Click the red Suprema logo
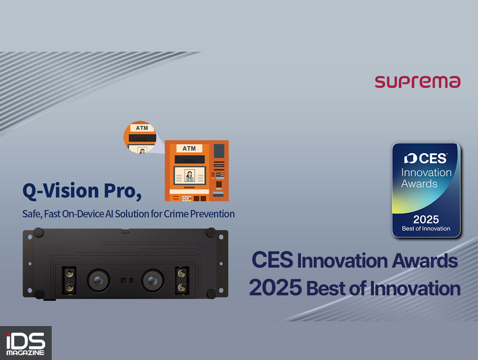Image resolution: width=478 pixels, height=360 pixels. click(417, 82)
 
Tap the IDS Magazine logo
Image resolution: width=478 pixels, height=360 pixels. click(26, 343)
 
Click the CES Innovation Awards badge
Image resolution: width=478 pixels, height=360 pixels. click(426, 190)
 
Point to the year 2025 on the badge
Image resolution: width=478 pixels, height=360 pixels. click(426, 220)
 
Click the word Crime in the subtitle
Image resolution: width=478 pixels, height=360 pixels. click(176, 214)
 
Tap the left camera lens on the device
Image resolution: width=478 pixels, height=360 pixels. click(98, 280)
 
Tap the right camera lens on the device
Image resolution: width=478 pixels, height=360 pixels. click(153, 280)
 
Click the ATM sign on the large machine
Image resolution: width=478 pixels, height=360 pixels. click(189, 148)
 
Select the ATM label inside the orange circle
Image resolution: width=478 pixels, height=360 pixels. click(142, 128)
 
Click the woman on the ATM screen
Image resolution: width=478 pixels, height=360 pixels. click(189, 176)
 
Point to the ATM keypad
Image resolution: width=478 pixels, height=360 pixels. click(186, 198)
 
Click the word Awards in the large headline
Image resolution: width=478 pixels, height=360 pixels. click(425, 261)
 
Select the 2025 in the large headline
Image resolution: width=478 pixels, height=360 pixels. click(275, 288)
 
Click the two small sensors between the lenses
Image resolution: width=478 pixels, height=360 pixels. click(126, 280)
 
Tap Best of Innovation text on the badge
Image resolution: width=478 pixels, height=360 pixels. click(426, 229)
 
